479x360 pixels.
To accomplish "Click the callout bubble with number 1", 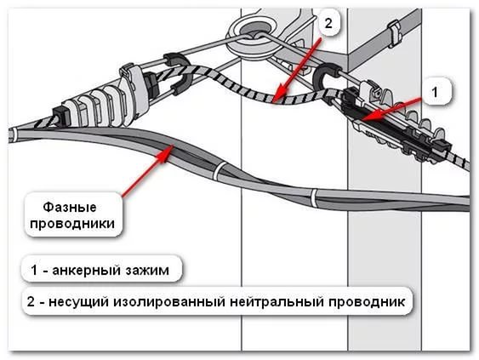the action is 435,92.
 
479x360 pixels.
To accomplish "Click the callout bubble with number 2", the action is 328,23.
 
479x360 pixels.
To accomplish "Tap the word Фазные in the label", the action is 70,207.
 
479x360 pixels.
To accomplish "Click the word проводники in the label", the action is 72,224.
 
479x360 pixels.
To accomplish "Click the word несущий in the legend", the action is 78,302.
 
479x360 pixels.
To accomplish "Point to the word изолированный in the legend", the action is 169,302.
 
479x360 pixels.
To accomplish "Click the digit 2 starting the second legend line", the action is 31,302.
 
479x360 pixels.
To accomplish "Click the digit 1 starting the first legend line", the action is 34,270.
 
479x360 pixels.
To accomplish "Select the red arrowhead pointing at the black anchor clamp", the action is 370,116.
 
